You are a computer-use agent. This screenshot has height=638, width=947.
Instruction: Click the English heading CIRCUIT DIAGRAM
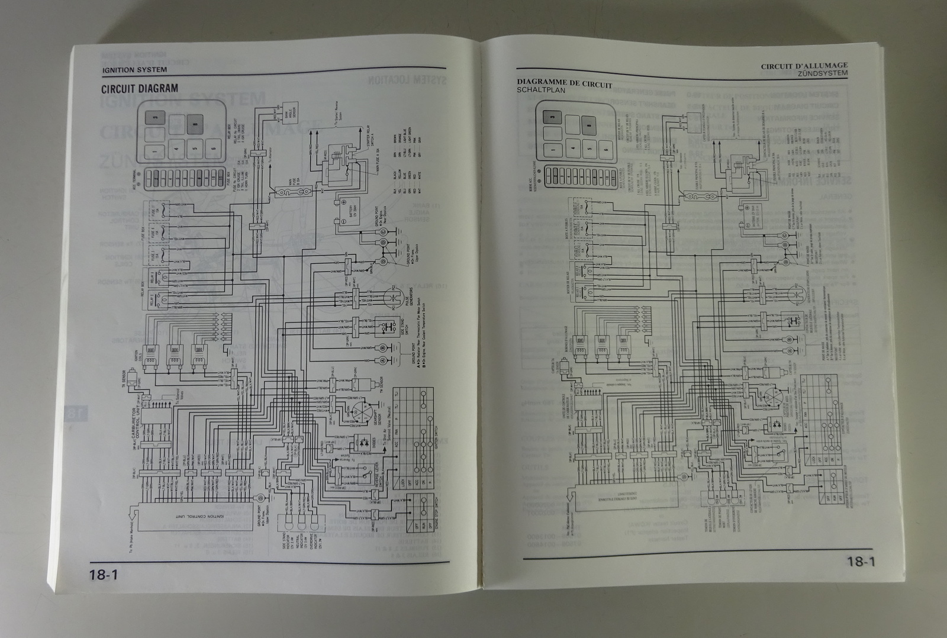point(140,89)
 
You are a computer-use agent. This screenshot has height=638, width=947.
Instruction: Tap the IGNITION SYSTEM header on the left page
point(134,70)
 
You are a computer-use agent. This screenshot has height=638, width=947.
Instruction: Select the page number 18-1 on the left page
point(107,573)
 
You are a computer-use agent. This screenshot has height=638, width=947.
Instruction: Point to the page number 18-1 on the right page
point(860,562)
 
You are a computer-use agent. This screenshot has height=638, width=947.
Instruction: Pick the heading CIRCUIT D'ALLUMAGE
point(804,66)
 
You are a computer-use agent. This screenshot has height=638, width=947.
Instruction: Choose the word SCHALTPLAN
point(541,91)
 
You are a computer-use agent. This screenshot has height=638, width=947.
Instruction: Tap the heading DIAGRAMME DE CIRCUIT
point(565,84)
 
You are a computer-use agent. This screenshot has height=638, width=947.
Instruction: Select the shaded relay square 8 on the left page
point(194,125)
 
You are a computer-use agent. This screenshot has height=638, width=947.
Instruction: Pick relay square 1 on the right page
point(552,149)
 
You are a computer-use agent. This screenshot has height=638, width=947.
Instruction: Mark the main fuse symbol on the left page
point(292,192)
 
